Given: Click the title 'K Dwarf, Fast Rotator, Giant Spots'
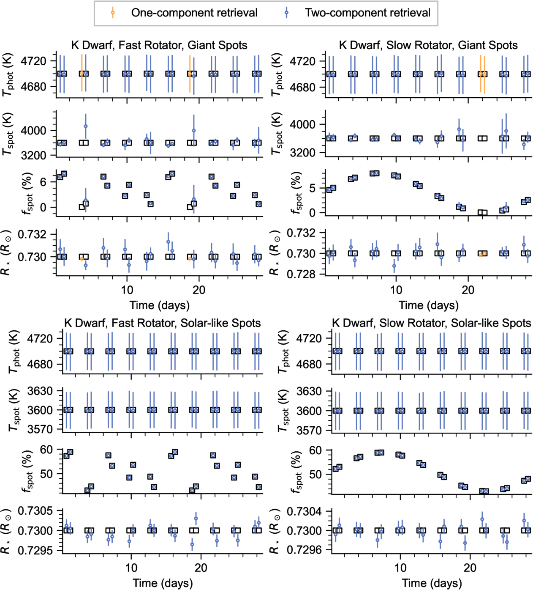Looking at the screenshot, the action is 159,45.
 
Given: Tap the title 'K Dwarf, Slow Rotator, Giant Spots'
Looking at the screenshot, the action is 428,45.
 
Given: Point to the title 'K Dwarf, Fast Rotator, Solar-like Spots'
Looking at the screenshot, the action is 163,323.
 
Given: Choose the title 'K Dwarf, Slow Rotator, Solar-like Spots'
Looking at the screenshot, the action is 431,323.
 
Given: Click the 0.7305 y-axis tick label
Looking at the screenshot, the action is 35,510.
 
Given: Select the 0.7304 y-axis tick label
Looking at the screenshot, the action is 305,511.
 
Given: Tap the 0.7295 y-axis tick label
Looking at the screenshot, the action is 35,550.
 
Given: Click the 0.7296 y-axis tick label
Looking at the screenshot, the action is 305,550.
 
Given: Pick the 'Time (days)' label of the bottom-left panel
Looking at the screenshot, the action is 163,583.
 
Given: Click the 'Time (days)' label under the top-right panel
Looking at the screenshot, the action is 429,305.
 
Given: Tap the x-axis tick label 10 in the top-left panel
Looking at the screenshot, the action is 127,290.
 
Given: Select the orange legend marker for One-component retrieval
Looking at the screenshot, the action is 112,13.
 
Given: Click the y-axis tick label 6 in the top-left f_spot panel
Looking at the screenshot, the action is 44,182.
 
